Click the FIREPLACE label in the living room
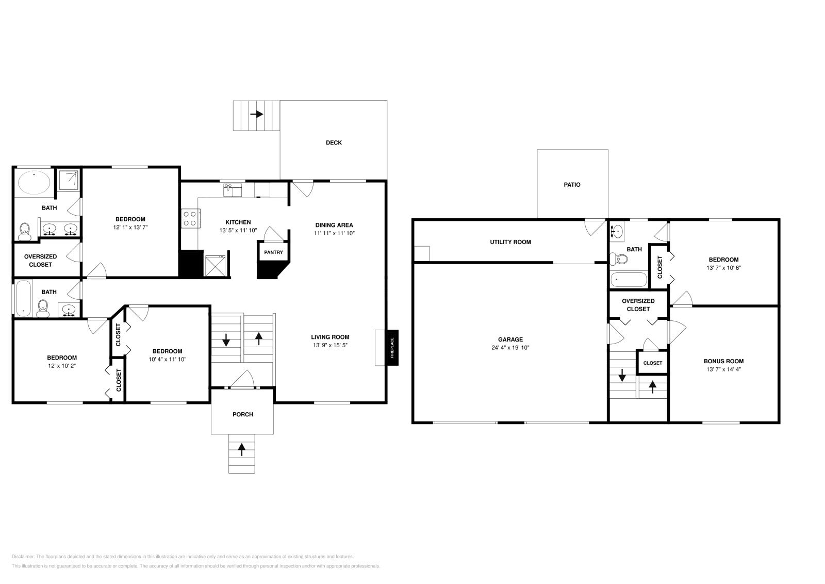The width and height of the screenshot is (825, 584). tap(392, 348)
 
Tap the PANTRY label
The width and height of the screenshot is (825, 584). tap(273, 252)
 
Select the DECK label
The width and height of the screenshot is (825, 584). tap(334, 142)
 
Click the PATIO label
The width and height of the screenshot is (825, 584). tap(572, 184)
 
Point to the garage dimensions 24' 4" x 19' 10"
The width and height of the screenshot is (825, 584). tap(510, 348)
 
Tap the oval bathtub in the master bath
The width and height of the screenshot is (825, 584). tap(35, 183)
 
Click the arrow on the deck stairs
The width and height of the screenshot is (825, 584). tap(256, 114)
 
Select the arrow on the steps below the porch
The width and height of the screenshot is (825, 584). tap(241, 449)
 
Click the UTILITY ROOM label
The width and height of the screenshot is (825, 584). tap(510, 242)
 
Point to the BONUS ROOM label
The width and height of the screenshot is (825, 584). tap(723, 361)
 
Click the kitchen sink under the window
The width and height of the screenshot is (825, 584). tap(233, 191)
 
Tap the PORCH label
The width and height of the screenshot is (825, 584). tap(242, 414)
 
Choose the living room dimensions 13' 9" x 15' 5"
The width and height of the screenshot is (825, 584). tap(330, 345)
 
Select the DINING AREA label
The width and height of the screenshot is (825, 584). tap(334, 225)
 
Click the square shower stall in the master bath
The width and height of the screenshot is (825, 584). tap(69, 179)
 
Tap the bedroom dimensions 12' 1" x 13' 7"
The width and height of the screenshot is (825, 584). tap(130, 227)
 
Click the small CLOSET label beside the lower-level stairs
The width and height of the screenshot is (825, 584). tap(652, 363)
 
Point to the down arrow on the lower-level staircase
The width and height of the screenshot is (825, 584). tap(622, 375)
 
